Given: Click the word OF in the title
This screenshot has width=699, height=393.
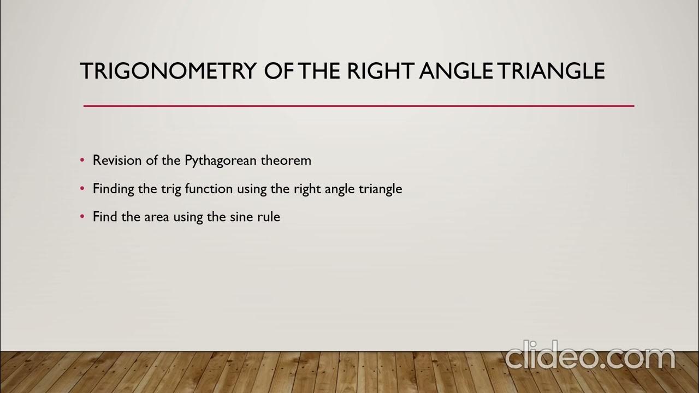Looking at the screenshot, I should [x=280, y=72].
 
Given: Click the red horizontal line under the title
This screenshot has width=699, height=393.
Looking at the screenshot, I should [x=358, y=106].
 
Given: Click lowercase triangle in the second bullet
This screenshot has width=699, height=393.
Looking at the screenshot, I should [x=380, y=189].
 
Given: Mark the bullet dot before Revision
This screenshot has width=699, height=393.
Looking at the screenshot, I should [x=82, y=161].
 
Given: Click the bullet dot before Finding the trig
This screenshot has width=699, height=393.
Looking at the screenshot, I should [x=82, y=189].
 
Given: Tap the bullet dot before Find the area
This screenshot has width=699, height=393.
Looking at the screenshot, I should [x=82, y=217].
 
